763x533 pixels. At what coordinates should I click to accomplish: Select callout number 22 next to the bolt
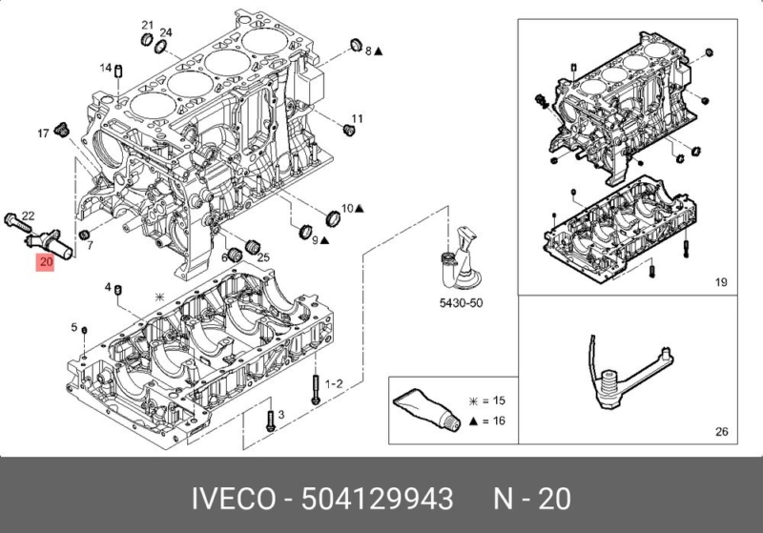(29, 215)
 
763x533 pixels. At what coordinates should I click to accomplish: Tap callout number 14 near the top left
(106, 67)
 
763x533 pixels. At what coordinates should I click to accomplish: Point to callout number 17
(43, 133)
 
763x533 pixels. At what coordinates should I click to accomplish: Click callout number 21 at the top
(147, 23)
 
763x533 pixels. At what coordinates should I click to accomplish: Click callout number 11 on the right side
(360, 119)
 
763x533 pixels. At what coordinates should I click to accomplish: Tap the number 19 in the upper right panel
(721, 281)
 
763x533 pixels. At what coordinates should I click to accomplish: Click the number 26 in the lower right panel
(721, 432)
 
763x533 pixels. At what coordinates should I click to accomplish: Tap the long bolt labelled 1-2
(314, 385)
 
